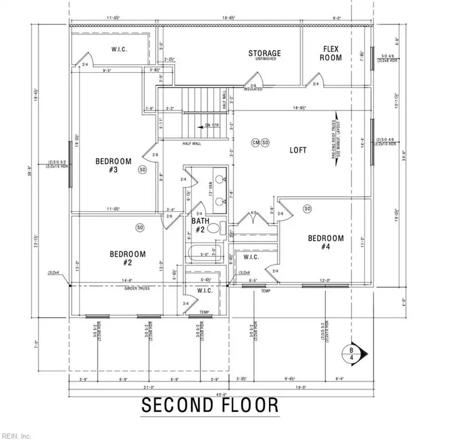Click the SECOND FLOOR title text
coord(210,406)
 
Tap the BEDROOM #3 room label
coord(114,166)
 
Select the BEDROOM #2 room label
coord(127,258)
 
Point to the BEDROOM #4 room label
coord(325,242)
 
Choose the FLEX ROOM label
coord(331,53)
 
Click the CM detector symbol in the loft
coord(256,142)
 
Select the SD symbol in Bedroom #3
coord(143,170)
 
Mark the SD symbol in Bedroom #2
coord(140,228)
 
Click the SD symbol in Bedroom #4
coord(307,208)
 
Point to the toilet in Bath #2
coord(213,229)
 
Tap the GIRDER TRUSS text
coord(136,288)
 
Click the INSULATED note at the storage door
coord(253,89)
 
